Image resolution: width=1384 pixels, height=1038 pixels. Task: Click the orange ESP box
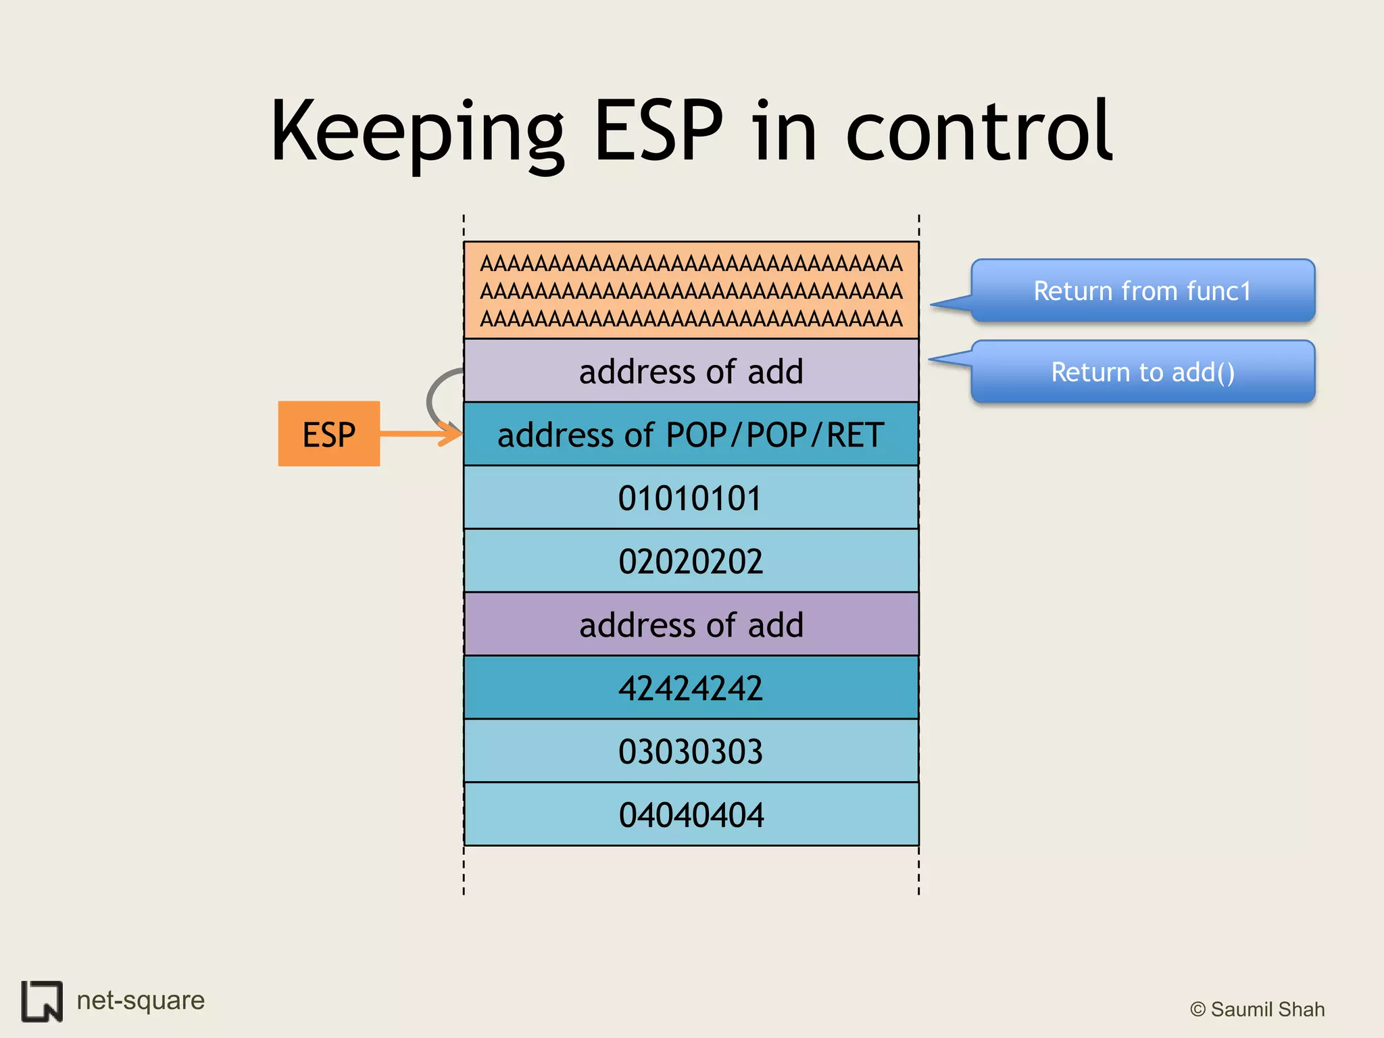[x=328, y=434]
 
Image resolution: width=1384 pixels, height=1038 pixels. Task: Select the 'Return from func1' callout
[x=1142, y=291]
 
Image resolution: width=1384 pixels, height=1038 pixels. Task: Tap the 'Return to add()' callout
[x=1142, y=372]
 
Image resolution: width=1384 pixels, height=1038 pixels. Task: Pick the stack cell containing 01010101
[x=691, y=498]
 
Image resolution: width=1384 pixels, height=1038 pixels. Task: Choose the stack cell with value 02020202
[x=691, y=561]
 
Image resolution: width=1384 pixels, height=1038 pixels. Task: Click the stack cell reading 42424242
[x=691, y=688]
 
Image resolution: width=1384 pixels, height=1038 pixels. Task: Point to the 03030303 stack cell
[x=691, y=751]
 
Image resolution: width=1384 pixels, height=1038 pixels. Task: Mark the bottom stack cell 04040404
[x=691, y=814]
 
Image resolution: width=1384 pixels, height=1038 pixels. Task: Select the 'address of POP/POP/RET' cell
[x=691, y=435]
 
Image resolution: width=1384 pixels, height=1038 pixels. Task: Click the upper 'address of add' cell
[x=691, y=371]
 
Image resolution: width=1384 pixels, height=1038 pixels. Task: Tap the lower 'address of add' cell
[x=691, y=624]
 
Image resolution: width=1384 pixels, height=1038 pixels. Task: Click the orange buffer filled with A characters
[x=691, y=291]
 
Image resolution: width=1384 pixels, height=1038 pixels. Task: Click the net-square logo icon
[x=42, y=1001]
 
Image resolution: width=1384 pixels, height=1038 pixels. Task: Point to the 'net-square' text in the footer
[x=141, y=1000]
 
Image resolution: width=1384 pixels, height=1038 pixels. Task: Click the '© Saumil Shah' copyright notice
[x=1257, y=1009]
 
